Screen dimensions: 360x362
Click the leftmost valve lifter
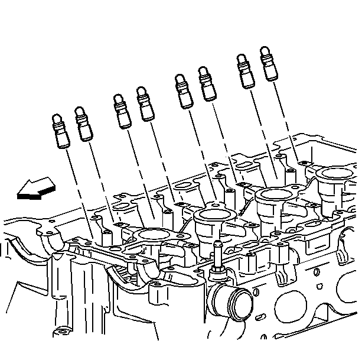coord(61,132)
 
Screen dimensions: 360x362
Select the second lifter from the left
coord(84,125)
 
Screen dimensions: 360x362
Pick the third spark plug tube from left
coord(275,194)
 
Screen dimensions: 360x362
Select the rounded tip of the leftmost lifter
coord(57,119)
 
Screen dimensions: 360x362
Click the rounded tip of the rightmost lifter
coord(266,51)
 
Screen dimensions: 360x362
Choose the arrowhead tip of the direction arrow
coord(18,192)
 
